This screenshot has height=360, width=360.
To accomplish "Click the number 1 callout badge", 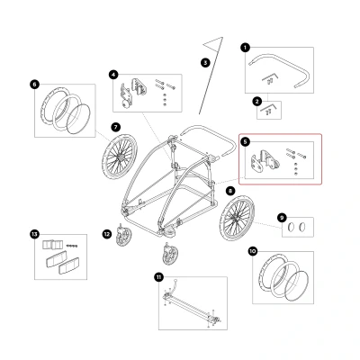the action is click(x=245, y=48).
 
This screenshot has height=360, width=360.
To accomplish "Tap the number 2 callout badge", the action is click(x=256, y=102).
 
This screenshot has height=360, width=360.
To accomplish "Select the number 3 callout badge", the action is click(x=205, y=63).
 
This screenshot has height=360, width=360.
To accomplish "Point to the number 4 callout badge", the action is click(x=113, y=75).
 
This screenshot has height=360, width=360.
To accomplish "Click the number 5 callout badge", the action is click(x=245, y=142).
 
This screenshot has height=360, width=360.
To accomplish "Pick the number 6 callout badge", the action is click(x=34, y=85).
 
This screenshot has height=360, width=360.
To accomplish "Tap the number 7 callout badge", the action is click(x=116, y=127).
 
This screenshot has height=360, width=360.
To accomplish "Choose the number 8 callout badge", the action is click(x=230, y=190).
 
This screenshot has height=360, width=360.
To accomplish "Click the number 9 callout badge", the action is click(x=282, y=218).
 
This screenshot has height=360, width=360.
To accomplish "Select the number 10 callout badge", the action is click(x=253, y=251).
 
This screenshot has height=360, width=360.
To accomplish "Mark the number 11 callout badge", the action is click(x=158, y=277).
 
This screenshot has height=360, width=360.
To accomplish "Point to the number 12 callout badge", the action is click(x=107, y=234).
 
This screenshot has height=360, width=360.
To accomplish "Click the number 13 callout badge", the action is click(x=34, y=234).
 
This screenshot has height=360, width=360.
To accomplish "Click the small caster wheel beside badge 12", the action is click(x=123, y=237).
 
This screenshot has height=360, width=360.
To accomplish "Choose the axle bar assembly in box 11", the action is click(x=192, y=309).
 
